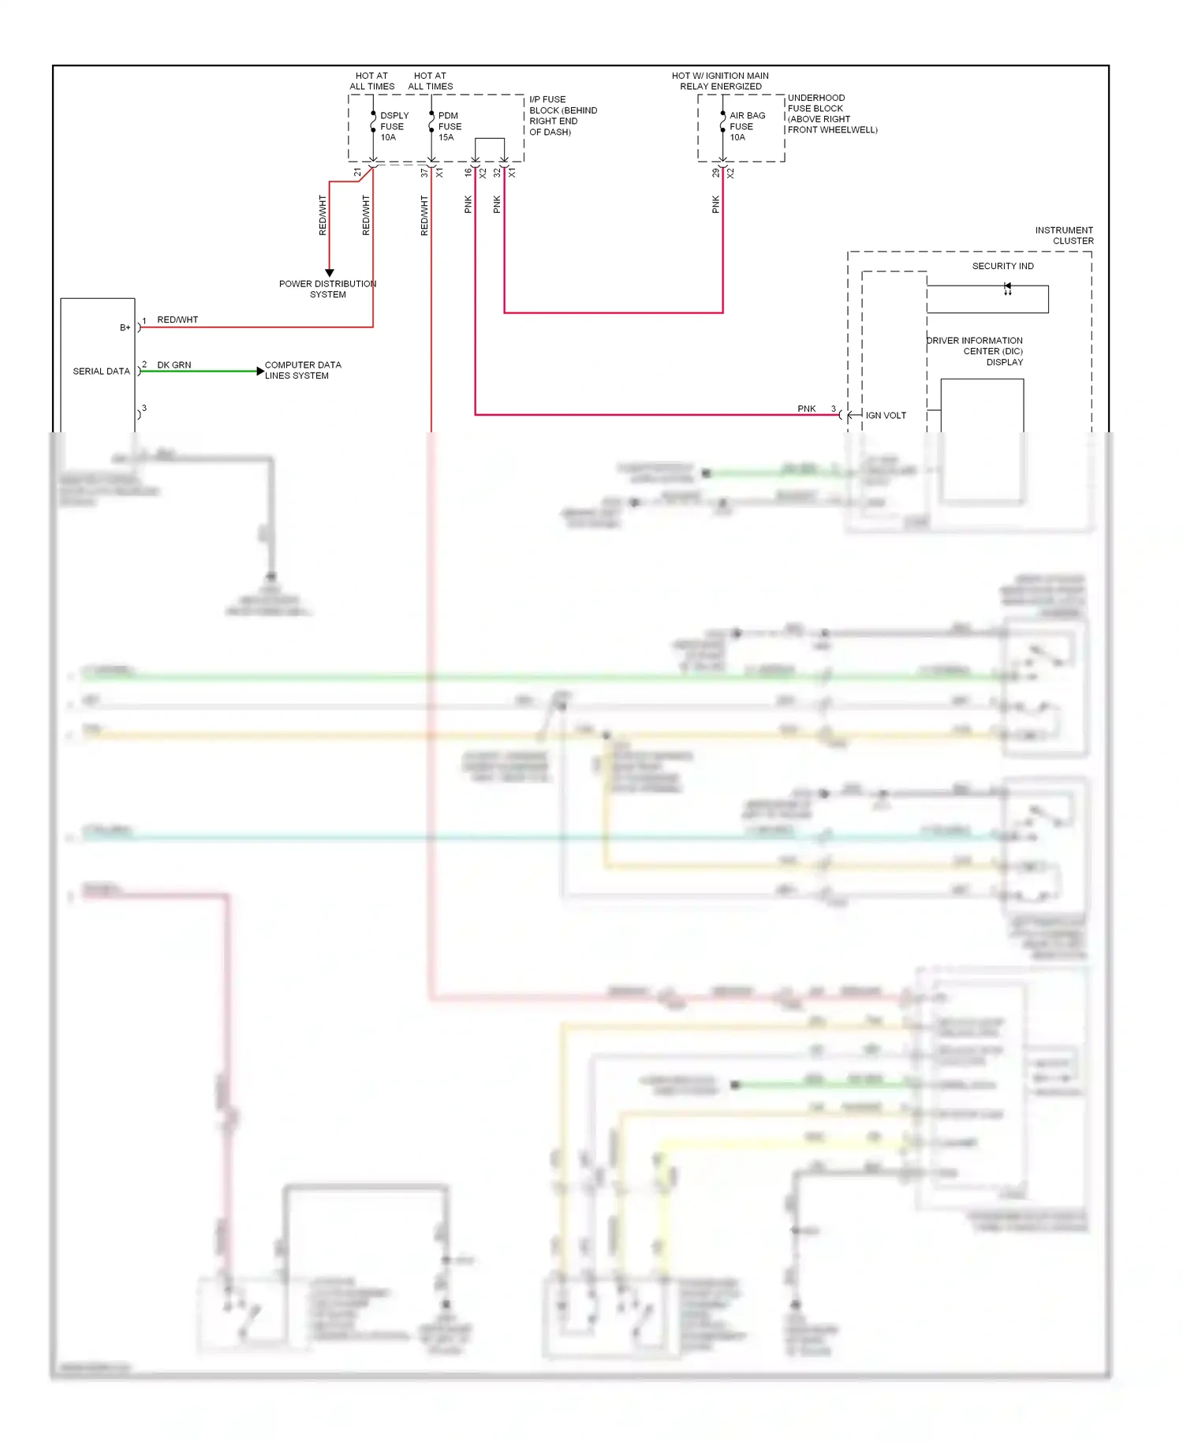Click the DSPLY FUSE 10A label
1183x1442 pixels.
pos(394,126)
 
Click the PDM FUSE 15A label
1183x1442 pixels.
pos(450,126)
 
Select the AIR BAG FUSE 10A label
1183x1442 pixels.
pos(746,126)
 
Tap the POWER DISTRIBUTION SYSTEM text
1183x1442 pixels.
pos(327,289)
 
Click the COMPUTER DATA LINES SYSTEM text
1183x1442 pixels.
pos(302,370)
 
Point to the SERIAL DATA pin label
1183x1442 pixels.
pos(101,371)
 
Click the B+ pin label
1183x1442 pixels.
pos(125,327)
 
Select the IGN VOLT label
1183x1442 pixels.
pos(886,415)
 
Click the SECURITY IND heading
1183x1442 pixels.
pos(1002,266)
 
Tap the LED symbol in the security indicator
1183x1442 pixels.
pos(1007,288)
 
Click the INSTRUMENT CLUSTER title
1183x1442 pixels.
pos(1064,235)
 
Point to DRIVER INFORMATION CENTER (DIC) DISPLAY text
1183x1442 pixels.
pos(976,351)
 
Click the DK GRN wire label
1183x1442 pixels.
pos(174,365)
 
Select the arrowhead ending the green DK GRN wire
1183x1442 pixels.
pos(260,371)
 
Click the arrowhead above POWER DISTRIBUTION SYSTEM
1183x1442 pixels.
pos(330,272)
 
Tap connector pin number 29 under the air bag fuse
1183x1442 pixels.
pos(716,173)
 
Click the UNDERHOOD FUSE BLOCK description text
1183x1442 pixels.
pos(831,114)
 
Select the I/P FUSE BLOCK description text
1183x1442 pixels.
pos(562,116)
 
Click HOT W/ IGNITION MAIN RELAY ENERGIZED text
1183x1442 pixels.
pos(720,81)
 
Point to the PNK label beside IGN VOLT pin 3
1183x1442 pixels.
pos(806,409)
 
